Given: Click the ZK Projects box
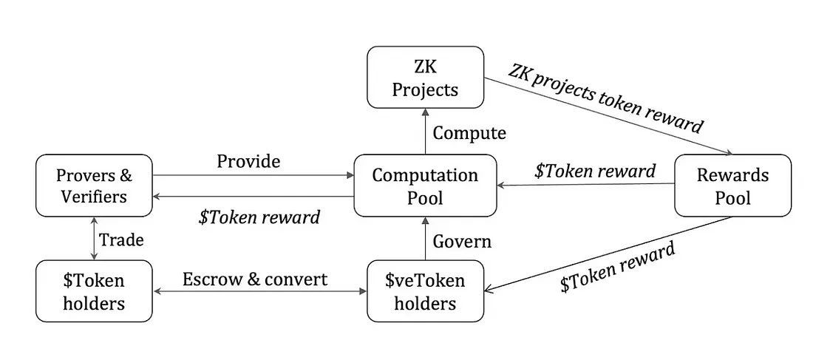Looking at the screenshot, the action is [425, 77].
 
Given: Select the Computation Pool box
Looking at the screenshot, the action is [425, 186].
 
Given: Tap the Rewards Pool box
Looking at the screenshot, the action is [732, 186].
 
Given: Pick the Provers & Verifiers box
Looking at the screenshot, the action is [94, 186].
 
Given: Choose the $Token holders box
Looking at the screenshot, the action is [94, 291].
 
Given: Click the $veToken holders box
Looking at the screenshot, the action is [425, 291].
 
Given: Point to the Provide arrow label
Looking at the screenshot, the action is [248, 161].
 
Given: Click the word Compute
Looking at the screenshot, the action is [469, 133].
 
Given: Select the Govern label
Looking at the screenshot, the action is [462, 241].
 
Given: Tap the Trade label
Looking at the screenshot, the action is [121, 240].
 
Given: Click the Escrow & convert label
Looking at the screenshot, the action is [255, 279].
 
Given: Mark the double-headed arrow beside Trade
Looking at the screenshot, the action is [94, 238].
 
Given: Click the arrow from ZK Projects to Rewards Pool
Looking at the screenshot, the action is [608, 117].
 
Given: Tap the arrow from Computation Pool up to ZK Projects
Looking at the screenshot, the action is [425, 132].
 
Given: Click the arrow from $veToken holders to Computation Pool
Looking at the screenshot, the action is [425, 238].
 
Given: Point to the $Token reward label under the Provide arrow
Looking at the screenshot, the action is [259, 217].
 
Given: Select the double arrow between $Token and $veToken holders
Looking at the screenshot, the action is [259, 291].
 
